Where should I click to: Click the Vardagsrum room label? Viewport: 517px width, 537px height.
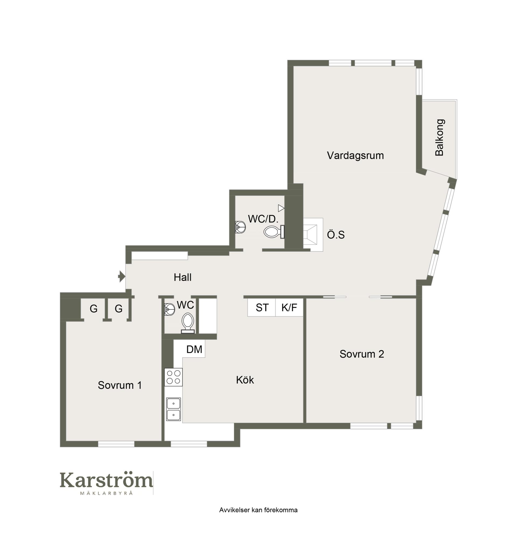pyautogui.click(x=355, y=156)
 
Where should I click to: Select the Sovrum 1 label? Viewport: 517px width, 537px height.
pyautogui.click(x=120, y=385)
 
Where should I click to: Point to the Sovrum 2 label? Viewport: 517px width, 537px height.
pyautogui.click(x=362, y=354)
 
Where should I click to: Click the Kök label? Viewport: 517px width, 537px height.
pyautogui.click(x=245, y=380)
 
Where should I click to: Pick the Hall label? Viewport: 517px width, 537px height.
pyautogui.click(x=182, y=277)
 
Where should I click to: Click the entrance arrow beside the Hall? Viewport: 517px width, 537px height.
pyautogui.click(x=121, y=276)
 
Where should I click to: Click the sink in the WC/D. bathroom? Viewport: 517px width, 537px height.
pyautogui.click(x=240, y=227)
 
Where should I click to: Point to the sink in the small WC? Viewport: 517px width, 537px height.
pyautogui.click(x=169, y=309)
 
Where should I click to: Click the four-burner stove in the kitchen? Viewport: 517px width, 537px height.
pyautogui.click(x=173, y=377)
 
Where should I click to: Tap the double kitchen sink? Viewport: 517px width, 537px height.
pyautogui.click(x=173, y=409)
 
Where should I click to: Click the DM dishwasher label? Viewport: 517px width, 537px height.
pyautogui.click(x=194, y=349)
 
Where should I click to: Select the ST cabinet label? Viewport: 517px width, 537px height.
pyautogui.click(x=262, y=308)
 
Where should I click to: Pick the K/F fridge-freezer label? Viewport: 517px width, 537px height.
pyautogui.click(x=289, y=308)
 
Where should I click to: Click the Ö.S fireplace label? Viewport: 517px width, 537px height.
pyautogui.click(x=336, y=235)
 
